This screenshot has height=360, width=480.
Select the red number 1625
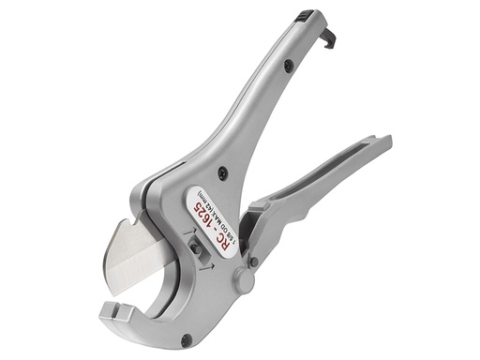pos(212,210)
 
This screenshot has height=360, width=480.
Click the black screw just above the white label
pos(221,172)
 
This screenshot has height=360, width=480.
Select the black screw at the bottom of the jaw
pos(187,339)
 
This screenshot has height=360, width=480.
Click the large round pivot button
pos(247,281)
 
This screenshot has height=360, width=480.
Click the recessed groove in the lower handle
pos(328,178)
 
